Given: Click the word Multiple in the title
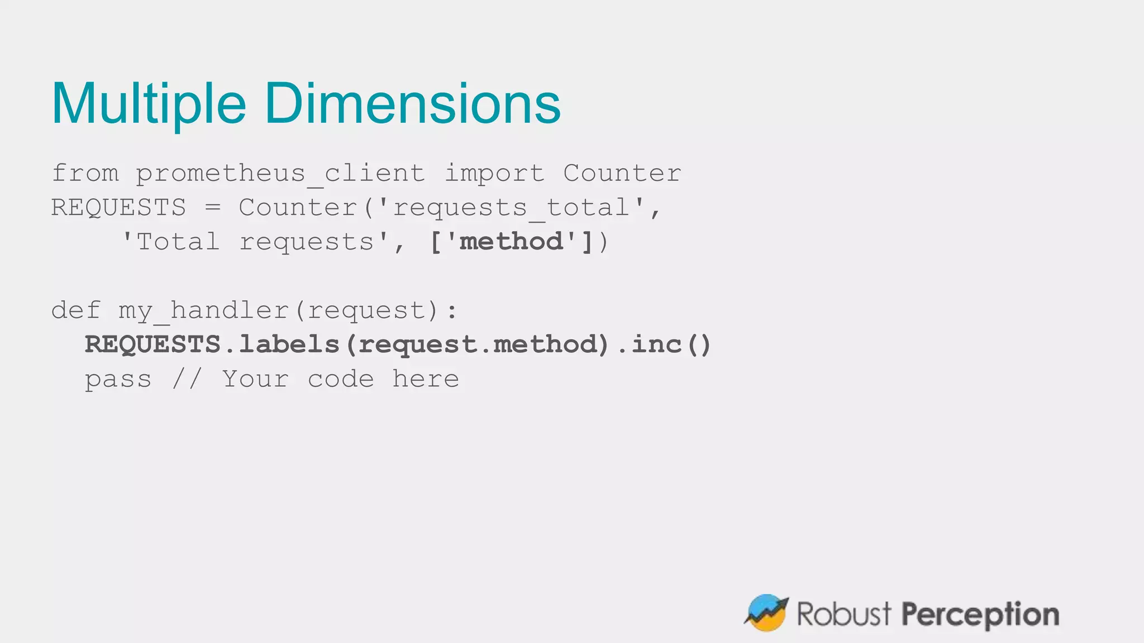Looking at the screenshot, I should [149, 104].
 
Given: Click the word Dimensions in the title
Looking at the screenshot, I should [412, 104].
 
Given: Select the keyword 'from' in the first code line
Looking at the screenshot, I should [85, 173].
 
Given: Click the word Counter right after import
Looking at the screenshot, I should [622, 173].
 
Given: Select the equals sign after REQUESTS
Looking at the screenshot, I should [212, 208].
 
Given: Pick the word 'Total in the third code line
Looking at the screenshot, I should [170, 242].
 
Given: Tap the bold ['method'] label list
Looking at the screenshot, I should [511, 242].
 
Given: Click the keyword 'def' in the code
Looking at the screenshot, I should [76, 310].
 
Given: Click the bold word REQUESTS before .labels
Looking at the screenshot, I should [152, 344].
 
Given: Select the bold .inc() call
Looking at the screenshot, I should [665, 344].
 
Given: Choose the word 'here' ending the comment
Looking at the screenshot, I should [426, 379].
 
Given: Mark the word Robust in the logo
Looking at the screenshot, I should [843, 614].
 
